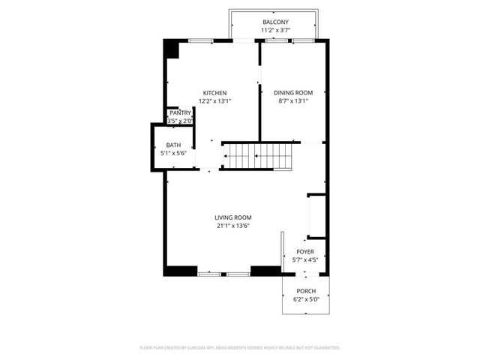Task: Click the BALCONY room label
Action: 275,22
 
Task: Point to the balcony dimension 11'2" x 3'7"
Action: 275,31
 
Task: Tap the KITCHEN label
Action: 214,93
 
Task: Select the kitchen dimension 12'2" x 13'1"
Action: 214,100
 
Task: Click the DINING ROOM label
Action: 293,93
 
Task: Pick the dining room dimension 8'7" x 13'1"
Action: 293,100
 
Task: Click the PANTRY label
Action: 180,112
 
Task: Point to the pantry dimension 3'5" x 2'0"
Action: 180,120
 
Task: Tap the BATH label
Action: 173,145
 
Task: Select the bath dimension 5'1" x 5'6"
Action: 173,153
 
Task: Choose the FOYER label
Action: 305,252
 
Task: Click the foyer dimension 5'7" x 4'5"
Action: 305,260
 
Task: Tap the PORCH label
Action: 305,291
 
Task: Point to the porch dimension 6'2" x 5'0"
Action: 305,299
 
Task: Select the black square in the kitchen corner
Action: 172,49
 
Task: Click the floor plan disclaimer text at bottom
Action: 240,347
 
